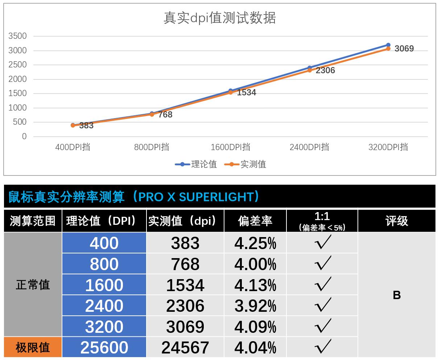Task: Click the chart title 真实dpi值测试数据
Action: pyautogui.click(x=219, y=18)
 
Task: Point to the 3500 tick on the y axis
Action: pyautogui.click(x=17, y=36)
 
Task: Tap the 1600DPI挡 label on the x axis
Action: pyautogui.click(x=230, y=147)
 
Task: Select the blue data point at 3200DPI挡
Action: pyautogui.click(x=388, y=45)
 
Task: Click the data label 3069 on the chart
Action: pyautogui.click(x=404, y=49)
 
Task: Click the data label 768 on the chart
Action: pyautogui.click(x=165, y=115)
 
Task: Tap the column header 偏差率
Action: pyautogui.click(x=255, y=221)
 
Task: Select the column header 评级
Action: pyautogui.click(x=397, y=221)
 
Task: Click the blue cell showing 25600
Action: pyautogui.click(x=104, y=347)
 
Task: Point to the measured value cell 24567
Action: pyautogui.click(x=185, y=347)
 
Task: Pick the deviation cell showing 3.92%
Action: pyautogui.click(x=255, y=306)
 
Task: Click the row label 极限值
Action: pyautogui.click(x=33, y=347)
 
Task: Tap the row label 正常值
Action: pyautogui.click(x=33, y=285)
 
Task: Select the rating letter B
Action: pyautogui.click(x=397, y=295)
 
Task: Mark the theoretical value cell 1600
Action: pyautogui.click(x=104, y=285)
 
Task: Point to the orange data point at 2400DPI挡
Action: pyautogui.click(x=310, y=70)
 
